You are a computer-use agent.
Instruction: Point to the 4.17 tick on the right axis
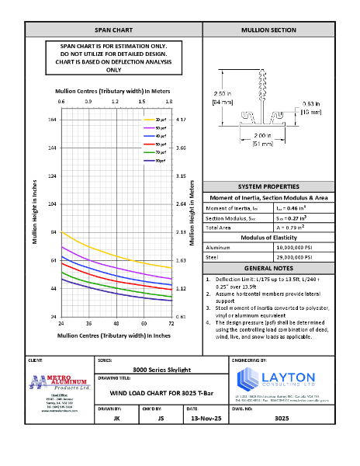181,120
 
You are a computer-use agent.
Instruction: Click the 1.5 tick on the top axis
142,101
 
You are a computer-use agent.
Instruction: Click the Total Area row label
219,228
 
